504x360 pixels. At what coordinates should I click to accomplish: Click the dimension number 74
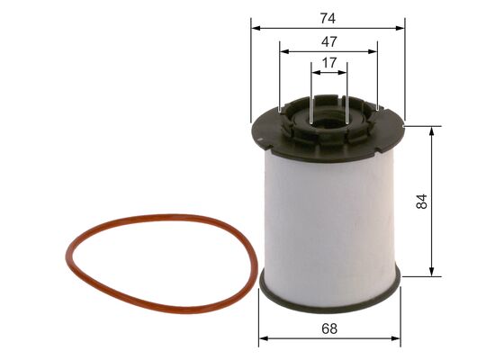[x=328, y=15]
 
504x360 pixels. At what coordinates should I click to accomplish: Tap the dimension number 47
[x=328, y=41]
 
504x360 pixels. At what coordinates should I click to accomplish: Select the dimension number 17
[x=328, y=64]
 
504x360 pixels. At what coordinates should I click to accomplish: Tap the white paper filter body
[x=328, y=216]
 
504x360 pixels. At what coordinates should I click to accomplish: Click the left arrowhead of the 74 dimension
[x=252, y=28]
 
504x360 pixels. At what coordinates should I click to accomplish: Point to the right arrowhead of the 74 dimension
[x=403, y=28]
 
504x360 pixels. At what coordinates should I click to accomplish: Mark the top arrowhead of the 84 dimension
[x=434, y=130]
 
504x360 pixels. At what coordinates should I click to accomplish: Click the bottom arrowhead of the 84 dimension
[x=434, y=274]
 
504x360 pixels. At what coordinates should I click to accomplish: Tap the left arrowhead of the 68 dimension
[x=262, y=339]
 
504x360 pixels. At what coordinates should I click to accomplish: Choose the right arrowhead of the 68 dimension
[x=397, y=339]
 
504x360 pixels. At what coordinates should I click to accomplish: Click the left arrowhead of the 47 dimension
[x=282, y=53]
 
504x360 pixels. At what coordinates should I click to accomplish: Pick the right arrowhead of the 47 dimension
[x=375, y=53]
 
